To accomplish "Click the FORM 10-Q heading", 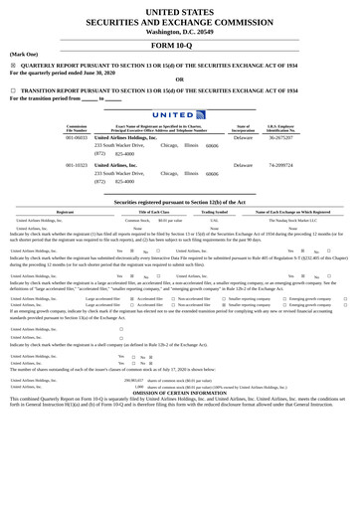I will [x=179, y=46].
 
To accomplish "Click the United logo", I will [x=179, y=114].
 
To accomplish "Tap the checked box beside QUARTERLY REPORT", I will [x=13, y=66].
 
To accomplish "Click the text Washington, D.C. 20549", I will [x=179, y=31].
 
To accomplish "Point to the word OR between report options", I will [x=179, y=80].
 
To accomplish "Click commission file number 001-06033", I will [x=76, y=137].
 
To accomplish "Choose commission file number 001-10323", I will [x=76, y=165].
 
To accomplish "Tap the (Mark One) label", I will [x=24, y=55].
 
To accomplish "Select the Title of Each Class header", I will [x=153, y=212].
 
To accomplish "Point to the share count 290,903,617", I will [x=132, y=380].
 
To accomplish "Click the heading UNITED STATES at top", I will [x=179, y=10].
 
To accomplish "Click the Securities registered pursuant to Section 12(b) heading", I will [x=179, y=201].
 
